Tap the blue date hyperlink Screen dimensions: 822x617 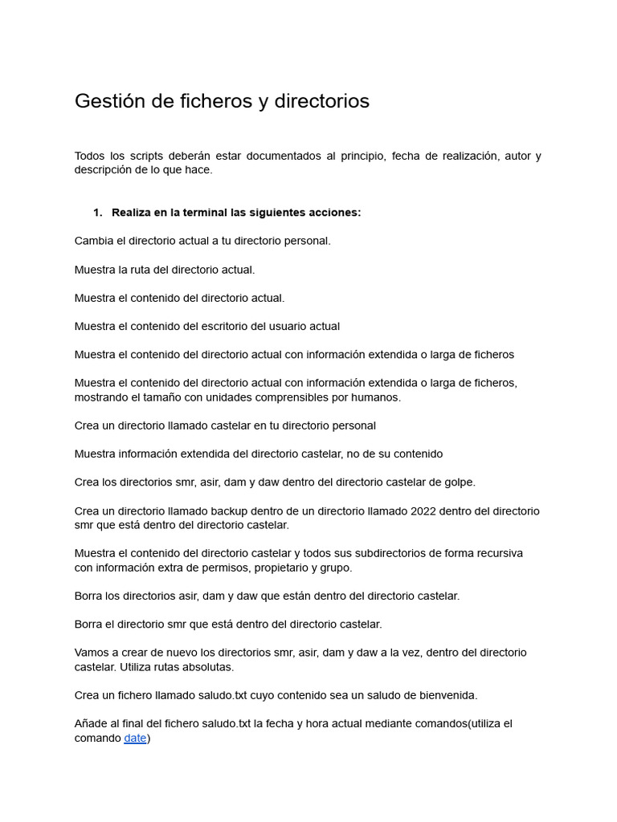tap(135, 738)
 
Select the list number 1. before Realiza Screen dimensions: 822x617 tap(98, 213)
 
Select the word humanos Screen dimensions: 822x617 tap(377, 397)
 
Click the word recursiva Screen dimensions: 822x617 tap(496, 553)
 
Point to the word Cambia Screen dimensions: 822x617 tap(93, 241)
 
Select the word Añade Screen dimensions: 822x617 tap(92, 723)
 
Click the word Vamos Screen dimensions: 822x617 tap(92, 653)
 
